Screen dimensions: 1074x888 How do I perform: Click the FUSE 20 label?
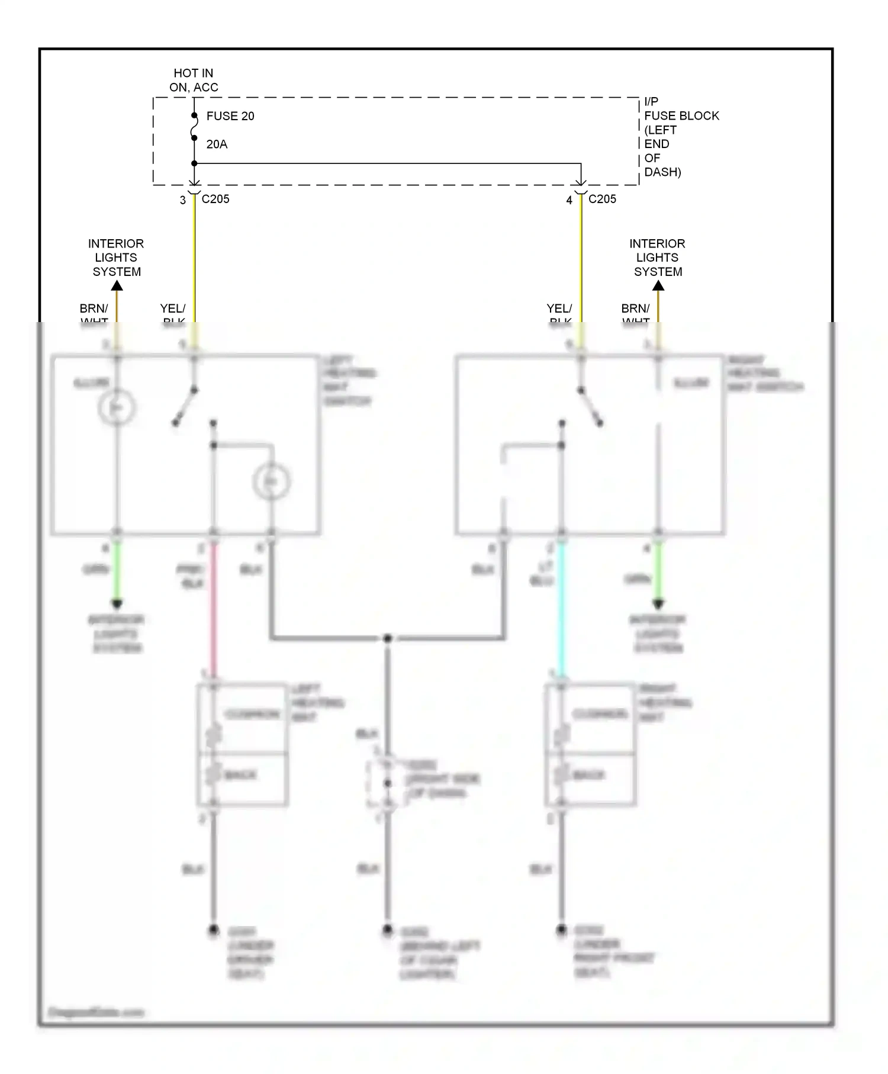[230, 116]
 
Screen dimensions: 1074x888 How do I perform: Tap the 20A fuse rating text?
[217, 144]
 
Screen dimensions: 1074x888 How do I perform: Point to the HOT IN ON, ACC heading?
[194, 80]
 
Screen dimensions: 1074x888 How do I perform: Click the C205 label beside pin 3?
[215, 199]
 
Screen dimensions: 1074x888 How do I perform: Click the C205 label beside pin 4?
[602, 199]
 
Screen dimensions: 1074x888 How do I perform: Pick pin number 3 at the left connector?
[183, 201]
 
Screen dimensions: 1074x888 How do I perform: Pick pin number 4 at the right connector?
[569, 201]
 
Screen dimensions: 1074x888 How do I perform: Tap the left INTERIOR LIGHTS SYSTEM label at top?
[116, 258]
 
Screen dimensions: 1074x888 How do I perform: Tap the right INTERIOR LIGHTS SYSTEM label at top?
[657, 258]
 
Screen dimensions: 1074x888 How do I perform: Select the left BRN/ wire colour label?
[94, 309]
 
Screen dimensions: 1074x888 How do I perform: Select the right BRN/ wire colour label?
[635, 309]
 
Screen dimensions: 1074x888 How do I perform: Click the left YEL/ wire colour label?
[172, 309]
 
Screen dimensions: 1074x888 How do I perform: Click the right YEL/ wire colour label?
[559, 309]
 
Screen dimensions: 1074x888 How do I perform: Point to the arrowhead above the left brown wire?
[117, 286]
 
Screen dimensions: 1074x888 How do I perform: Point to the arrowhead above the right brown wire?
[658, 286]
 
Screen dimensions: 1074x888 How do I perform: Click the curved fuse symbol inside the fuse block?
[194, 127]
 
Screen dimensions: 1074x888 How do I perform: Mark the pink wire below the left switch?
[214, 610]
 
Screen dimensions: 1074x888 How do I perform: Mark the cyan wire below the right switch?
[561, 610]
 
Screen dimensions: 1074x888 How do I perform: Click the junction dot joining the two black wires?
[387, 638]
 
